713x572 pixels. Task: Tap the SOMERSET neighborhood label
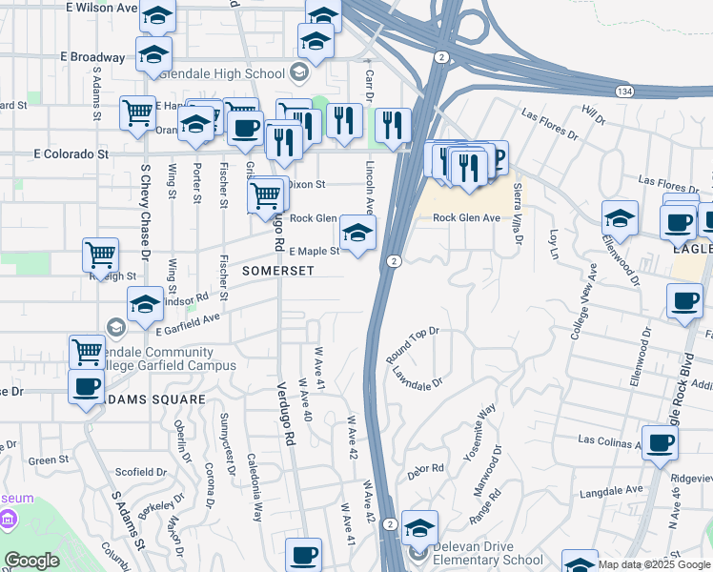[277, 271]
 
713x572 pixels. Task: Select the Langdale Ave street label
[610, 490]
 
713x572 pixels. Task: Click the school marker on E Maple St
[357, 233]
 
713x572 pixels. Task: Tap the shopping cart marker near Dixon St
[265, 195]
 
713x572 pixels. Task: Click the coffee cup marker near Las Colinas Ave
[660, 442]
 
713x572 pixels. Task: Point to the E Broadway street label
[92, 57]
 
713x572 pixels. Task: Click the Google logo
[31, 561]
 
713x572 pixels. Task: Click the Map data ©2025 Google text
[653, 564]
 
